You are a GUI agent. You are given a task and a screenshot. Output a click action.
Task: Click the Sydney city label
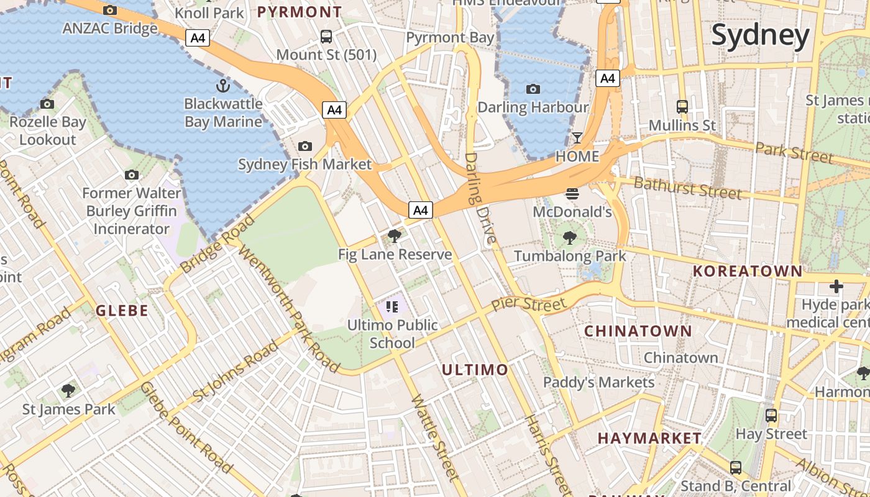[x=761, y=35]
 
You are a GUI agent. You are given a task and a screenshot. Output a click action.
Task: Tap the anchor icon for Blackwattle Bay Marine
[x=222, y=86]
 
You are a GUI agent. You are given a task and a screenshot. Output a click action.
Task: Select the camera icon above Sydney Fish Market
[x=304, y=146]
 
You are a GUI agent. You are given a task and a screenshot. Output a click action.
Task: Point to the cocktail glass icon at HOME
[x=577, y=137]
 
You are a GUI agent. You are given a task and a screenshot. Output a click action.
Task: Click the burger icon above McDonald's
[x=572, y=194]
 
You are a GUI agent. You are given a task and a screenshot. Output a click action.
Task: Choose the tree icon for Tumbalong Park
[x=569, y=237]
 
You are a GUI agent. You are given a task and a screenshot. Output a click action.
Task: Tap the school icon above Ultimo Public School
[x=391, y=306]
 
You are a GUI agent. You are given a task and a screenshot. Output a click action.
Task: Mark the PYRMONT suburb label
[x=300, y=12]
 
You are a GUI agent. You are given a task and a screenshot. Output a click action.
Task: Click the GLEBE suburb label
[x=122, y=311]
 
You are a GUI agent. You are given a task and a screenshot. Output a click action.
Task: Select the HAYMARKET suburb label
[x=649, y=439]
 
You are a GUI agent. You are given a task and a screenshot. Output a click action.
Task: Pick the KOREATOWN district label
[x=748, y=271]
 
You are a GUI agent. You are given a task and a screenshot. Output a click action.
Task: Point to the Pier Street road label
[x=529, y=304]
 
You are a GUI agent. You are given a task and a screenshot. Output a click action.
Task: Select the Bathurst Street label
[x=687, y=188]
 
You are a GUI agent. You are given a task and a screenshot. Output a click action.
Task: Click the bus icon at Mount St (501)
[x=326, y=37]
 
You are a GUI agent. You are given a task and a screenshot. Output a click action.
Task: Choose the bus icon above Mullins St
[x=682, y=107]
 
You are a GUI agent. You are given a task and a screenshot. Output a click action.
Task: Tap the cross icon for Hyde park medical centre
[x=836, y=286]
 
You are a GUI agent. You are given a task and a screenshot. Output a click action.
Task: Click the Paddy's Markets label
[x=598, y=382]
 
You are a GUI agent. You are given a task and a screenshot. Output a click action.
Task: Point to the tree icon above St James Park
[x=68, y=391]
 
